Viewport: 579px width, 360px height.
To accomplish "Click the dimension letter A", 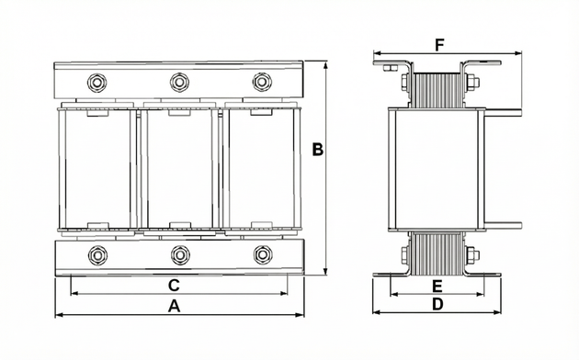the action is [175, 306].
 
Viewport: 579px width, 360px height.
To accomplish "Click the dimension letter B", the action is [318, 150].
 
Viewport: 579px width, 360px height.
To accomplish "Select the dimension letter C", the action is [174, 286].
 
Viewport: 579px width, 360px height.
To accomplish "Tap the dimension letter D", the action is [437, 305].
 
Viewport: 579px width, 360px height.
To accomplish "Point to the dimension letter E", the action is [437, 287].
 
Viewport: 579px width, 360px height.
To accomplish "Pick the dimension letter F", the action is [439, 45].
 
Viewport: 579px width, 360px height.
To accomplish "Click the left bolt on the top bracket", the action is [96, 83].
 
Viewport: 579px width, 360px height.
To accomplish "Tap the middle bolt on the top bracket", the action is [179, 82].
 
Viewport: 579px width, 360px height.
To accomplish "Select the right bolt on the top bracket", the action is [262, 82].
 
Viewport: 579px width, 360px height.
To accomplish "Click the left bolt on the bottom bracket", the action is [97, 255].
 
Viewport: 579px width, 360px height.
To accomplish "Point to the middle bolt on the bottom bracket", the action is [180, 255].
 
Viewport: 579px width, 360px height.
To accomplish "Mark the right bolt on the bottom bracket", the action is [263, 254].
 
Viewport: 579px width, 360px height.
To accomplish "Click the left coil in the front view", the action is [96, 169].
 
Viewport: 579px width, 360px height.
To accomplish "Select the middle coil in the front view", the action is [179, 169].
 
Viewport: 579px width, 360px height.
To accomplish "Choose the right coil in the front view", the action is [261, 169].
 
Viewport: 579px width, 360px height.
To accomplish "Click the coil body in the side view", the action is [437, 169].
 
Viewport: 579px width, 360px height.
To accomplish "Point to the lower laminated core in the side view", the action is [437, 253].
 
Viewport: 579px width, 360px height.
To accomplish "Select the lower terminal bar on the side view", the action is [503, 226].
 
